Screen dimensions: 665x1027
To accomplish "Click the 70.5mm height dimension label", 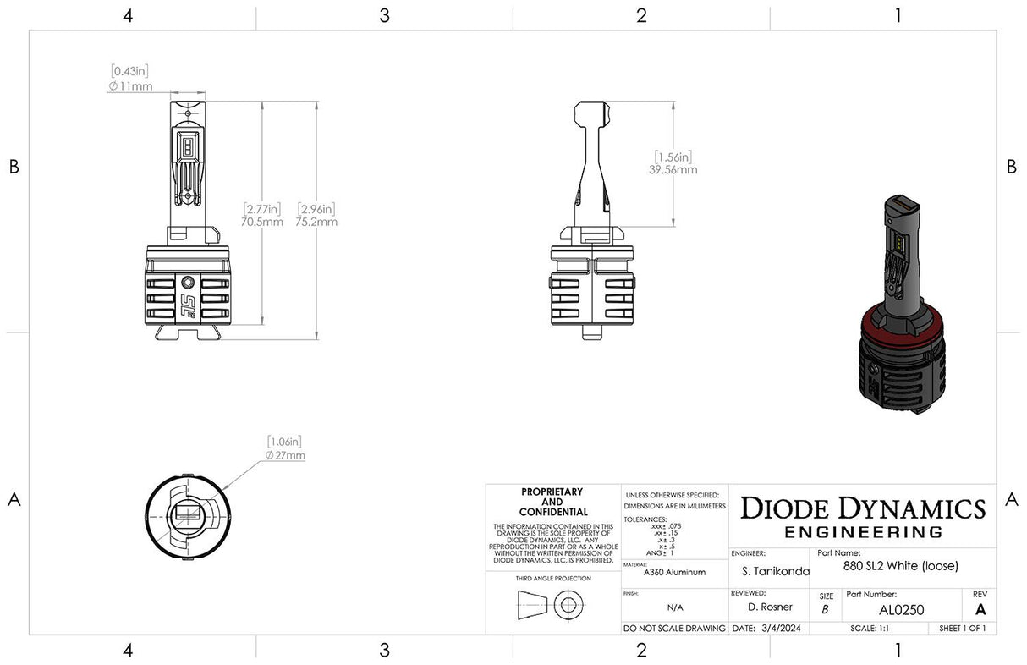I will [262, 222].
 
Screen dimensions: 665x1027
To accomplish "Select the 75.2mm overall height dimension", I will [317, 222].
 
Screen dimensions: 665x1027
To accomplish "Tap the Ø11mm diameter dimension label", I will [130, 87].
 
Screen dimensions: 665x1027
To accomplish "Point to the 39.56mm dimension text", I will [674, 169].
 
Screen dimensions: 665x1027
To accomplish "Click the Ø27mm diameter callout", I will [285, 455].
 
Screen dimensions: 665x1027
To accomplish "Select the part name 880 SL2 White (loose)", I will [900, 566].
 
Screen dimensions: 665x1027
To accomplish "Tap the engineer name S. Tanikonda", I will [771, 572].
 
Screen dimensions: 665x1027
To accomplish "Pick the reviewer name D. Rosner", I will [770, 607].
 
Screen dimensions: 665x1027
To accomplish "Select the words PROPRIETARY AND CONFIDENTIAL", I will [552, 502].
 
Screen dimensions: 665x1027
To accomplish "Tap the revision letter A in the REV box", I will [980, 609].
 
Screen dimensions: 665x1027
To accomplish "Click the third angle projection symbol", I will [551, 606].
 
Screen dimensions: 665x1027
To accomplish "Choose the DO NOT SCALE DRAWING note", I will [674, 629].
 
